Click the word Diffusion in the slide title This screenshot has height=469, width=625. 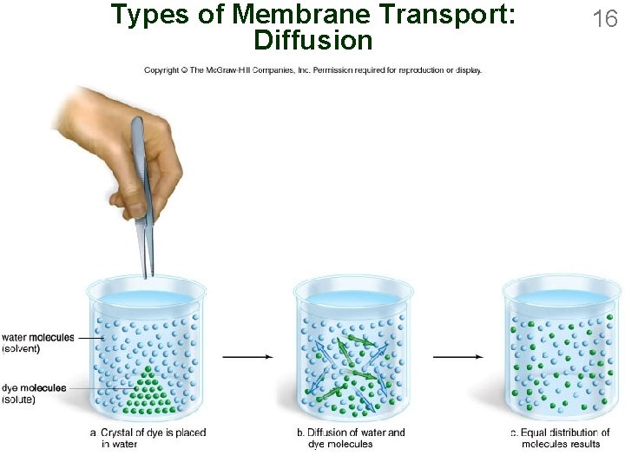(312, 40)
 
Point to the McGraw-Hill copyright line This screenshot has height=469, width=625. (312, 70)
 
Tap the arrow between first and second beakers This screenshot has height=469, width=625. (247, 356)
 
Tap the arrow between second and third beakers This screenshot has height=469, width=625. (457, 356)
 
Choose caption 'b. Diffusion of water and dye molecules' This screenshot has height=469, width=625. (356, 438)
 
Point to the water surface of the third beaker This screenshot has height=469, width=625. (561, 300)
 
